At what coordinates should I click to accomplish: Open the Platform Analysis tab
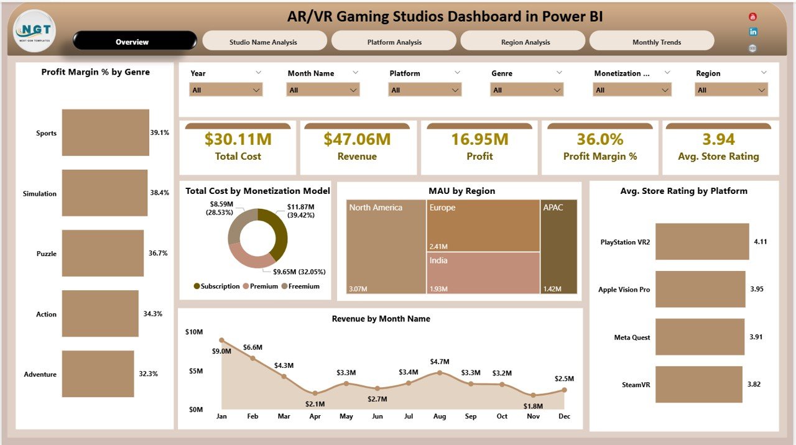394,42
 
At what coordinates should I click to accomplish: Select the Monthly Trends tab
651,42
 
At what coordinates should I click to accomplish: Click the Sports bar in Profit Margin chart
105,132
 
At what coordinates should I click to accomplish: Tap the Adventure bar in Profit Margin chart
98,374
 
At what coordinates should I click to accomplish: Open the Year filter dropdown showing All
226,90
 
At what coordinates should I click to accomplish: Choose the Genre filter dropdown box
527,90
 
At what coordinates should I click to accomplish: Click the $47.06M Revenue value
357,139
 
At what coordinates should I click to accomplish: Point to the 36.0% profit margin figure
599,139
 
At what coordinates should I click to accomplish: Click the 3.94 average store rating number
718,139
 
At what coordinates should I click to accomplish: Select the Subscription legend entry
216,287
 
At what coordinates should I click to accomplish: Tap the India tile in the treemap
483,272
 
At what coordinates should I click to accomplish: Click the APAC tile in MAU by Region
558,246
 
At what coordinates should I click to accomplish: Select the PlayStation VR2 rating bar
702,242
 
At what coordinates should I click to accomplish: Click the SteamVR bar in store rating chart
698,384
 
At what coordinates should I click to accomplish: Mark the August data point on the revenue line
440,372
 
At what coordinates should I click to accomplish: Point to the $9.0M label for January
221,351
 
